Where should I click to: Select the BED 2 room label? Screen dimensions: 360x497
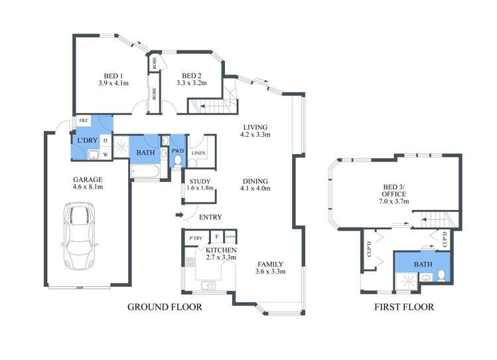point(192,79)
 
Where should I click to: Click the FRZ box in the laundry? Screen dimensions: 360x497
point(84,121)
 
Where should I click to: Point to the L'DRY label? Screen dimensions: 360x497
point(87,141)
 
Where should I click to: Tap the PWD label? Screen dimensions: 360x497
point(177,151)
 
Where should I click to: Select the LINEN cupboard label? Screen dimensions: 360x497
point(198,153)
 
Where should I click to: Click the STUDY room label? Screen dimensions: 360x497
point(200,184)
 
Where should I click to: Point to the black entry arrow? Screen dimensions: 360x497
point(178,215)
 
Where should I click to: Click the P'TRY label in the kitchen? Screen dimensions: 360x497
point(195,237)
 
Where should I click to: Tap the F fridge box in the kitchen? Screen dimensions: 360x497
point(216,236)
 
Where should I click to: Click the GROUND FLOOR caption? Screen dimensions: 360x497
point(164,307)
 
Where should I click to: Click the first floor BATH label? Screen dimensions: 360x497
point(423,264)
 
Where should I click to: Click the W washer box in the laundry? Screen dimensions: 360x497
point(105,155)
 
